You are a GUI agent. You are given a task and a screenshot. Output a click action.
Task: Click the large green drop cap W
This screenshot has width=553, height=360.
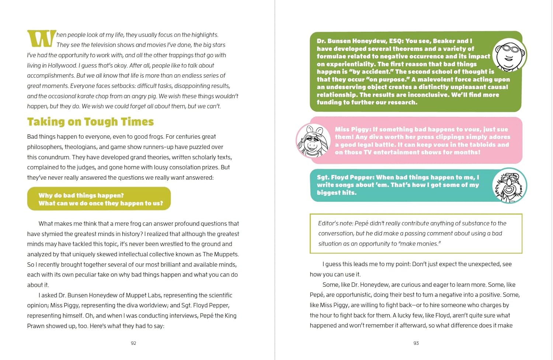coord(41,39)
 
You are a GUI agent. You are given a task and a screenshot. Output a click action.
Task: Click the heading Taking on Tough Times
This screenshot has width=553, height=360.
coord(90,122)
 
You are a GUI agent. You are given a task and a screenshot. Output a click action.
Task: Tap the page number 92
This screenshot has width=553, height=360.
coord(133,343)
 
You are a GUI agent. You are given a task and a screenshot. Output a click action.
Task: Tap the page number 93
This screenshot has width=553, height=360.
coord(416,343)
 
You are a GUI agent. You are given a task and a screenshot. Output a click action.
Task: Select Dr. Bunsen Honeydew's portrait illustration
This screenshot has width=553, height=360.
coord(509,55)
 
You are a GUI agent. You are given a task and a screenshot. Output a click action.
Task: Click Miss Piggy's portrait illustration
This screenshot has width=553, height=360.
coord(313,141)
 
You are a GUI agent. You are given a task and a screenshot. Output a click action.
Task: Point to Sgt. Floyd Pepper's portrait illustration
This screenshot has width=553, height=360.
coord(509,186)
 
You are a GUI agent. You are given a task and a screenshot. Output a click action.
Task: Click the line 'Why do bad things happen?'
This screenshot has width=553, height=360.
coord(81,195)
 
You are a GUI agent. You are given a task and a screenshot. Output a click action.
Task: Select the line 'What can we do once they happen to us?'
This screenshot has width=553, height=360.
coord(101,203)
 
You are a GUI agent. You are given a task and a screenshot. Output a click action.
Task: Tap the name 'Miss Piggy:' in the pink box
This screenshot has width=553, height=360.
coord(353,129)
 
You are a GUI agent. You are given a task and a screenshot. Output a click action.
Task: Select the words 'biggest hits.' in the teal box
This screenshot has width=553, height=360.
coord(337,193)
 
